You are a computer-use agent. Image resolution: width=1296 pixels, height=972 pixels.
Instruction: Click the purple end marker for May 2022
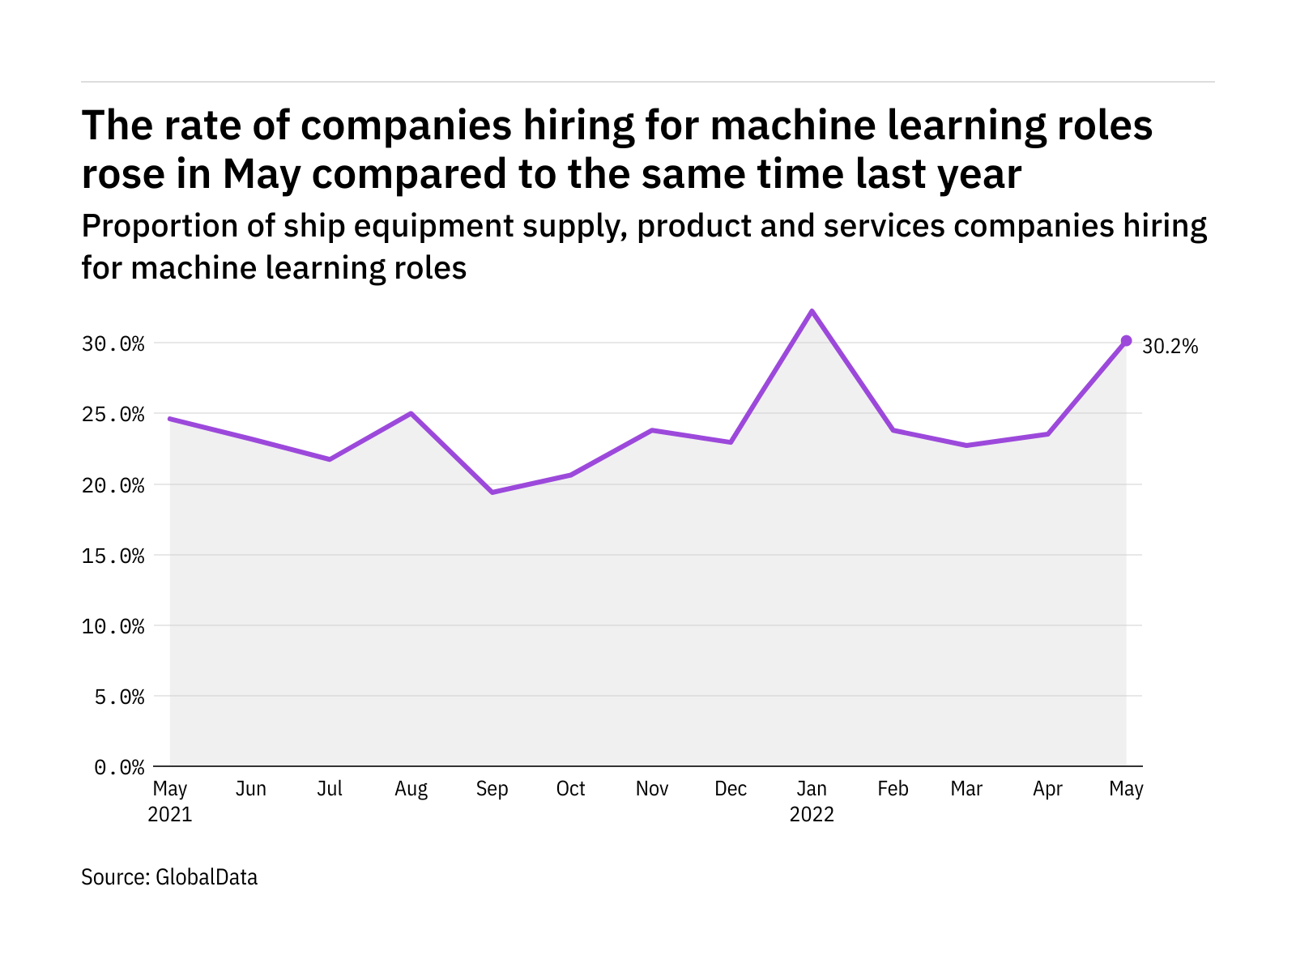(1126, 341)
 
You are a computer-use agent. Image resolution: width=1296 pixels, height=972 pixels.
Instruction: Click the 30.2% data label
(1170, 347)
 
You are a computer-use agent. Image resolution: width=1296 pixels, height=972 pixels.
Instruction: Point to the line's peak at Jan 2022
(812, 311)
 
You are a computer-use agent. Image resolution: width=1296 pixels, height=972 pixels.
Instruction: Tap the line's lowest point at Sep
(492, 492)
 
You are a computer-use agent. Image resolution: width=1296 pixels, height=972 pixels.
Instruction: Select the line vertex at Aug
(411, 414)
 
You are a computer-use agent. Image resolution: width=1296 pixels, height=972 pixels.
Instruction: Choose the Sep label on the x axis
(492, 789)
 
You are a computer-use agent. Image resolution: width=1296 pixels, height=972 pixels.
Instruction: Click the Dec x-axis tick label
(731, 789)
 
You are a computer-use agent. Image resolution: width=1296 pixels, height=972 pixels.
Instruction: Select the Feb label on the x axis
(893, 789)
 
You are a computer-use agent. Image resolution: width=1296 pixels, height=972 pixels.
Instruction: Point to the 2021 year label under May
(170, 814)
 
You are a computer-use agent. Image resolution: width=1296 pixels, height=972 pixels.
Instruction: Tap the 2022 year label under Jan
(812, 814)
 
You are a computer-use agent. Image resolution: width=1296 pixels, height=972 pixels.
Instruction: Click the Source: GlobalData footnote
(169, 877)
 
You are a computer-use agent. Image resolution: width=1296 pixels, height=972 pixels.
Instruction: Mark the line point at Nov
(652, 430)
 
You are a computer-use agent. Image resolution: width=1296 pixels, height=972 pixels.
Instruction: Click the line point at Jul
(330, 459)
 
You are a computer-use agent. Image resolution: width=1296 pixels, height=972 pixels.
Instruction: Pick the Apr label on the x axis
(1047, 789)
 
